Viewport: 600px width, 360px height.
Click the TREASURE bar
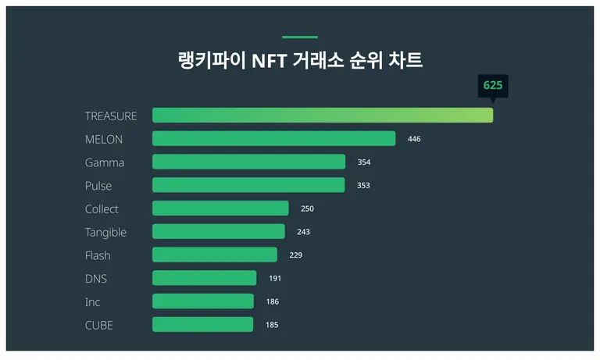(322, 116)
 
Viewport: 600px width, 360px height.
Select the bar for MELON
(273, 139)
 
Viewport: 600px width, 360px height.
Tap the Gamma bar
(248, 162)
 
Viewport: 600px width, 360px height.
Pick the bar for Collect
(220, 209)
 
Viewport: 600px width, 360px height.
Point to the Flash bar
(214, 255)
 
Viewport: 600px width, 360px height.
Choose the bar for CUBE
(202, 325)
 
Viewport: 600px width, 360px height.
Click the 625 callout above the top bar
(493, 85)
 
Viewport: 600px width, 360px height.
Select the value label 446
(414, 139)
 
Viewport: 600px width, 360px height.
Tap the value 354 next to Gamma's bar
(363, 162)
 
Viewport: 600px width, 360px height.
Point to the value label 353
(362, 186)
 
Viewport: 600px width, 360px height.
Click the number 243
(303, 232)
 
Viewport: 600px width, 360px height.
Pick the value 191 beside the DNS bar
(274, 279)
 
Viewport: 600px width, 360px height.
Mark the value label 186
(272, 301)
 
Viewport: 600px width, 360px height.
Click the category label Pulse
(98, 186)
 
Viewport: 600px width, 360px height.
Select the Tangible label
(105, 232)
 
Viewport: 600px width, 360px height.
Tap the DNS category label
(96, 279)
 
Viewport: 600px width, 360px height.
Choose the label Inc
(92, 301)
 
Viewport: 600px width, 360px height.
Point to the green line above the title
(300, 37)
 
